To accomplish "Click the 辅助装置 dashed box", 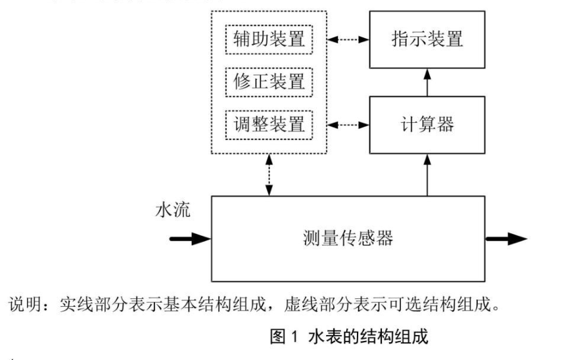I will (x=269, y=40).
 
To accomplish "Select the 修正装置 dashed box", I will (x=269, y=81).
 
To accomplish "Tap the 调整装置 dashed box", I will (x=269, y=123).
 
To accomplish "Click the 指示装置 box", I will (x=427, y=39).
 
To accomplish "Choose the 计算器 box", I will (x=427, y=124).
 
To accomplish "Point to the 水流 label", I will (x=173, y=212).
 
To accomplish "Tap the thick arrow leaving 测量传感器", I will (x=505, y=238).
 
